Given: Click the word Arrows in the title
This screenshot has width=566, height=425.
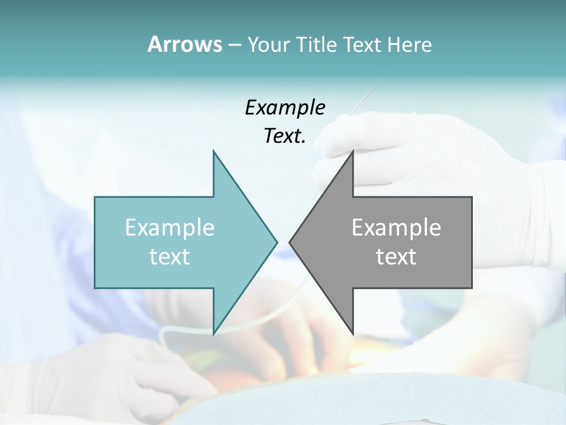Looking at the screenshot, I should pyautogui.click(x=185, y=45).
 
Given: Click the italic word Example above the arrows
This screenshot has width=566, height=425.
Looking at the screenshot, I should pyautogui.click(x=285, y=108).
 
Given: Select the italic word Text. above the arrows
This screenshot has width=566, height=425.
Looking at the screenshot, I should pyautogui.click(x=285, y=136).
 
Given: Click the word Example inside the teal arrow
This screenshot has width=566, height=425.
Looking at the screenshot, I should pyautogui.click(x=170, y=228).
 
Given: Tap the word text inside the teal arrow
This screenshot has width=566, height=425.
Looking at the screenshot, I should pyautogui.click(x=170, y=257).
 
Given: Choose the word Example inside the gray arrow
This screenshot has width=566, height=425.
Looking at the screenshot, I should pyautogui.click(x=396, y=228).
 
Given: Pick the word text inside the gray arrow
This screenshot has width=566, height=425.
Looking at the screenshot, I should pyautogui.click(x=396, y=257).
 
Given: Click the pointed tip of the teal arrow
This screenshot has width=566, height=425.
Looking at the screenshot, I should pyautogui.click(x=277, y=242).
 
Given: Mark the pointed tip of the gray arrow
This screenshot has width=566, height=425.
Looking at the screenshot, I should pyautogui.click(x=289, y=242).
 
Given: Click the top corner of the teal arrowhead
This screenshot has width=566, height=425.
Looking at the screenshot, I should pyautogui.click(x=213, y=152).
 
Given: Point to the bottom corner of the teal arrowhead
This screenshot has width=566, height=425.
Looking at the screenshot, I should pyautogui.click(x=213, y=334).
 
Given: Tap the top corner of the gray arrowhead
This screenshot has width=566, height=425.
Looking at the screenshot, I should pyautogui.click(x=353, y=152).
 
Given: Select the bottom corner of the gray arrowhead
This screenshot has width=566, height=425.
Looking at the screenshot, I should pyautogui.click(x=353, y=334).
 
